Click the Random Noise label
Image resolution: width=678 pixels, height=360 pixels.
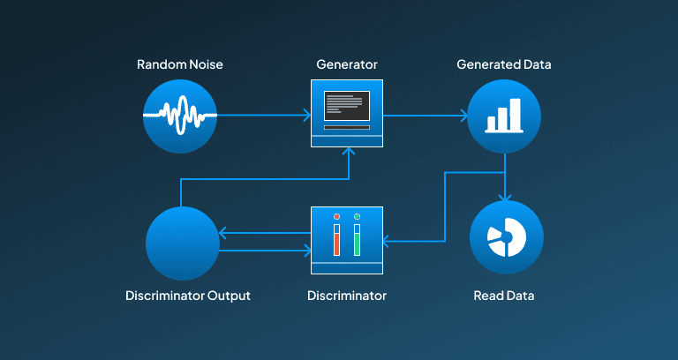click(180, 64)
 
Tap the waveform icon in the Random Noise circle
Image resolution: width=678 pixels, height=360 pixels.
click(180, 115)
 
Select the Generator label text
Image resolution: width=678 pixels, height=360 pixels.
click(347, 64)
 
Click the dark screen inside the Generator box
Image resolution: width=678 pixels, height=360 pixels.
click(347, 106)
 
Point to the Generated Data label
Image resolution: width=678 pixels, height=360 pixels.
click(504, 64)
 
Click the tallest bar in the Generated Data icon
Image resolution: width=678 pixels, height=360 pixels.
click(515, 115)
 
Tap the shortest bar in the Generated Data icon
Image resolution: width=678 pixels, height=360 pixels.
click(491, 124)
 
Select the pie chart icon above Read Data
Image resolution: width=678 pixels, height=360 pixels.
click(507, 237)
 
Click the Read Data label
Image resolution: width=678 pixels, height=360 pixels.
click(504, 296)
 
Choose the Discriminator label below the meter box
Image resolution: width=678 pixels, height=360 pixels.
click(347, 296)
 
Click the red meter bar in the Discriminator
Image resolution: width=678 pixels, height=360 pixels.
click(337, 244)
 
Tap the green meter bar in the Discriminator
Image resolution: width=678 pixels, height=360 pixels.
click(357, 244)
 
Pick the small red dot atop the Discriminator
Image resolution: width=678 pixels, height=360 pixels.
click(337, 216)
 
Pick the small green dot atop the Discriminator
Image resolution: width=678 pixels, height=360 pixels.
click(357, 216)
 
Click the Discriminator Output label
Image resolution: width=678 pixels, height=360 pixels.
click(188, 296)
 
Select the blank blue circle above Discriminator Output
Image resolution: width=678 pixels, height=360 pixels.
click(183, 243)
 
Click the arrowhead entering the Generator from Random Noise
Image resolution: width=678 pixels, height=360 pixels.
click(307, 115)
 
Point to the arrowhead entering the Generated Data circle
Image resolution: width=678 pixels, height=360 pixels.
click(464, 116)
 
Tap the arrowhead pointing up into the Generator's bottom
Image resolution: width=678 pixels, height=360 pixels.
click(349, 151)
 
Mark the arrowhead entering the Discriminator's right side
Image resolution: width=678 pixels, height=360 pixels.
click(386, 242)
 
